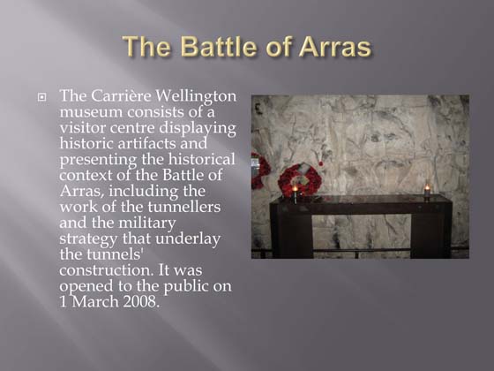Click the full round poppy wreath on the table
[x=300, y=179]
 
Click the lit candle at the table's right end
[x=427, y=191]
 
